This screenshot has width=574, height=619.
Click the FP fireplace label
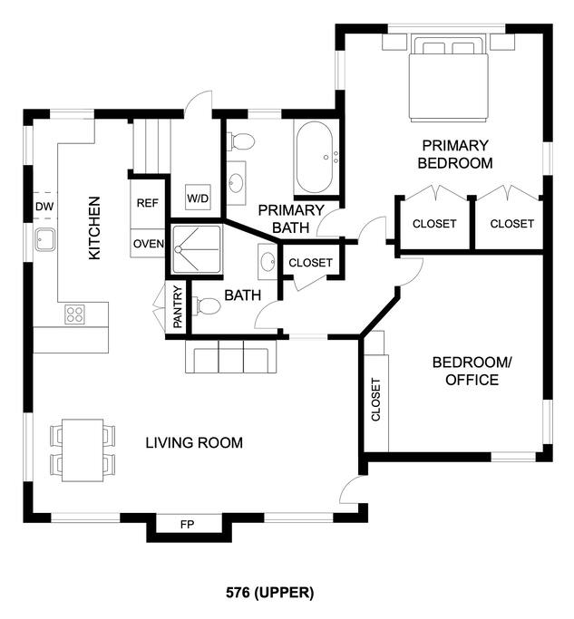pos(187,525)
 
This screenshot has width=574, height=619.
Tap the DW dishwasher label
pos(44,207)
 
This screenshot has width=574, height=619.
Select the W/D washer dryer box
pos(198,198)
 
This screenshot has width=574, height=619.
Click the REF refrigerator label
pos(147,203)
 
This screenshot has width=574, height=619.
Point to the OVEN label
pos(148,244)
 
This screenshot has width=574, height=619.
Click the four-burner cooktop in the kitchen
pos(74,314)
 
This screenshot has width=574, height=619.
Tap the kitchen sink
pos(44,239)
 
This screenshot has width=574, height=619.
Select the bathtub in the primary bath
pos(315,157)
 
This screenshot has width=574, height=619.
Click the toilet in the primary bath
pos(240,141)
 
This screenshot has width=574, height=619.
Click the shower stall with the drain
pos(197,249)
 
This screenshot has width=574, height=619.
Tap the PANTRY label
pos(178,306)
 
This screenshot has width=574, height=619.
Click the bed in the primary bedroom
pos(448,79)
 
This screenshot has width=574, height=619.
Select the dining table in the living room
pos(83,450)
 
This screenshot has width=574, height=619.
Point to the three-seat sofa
pos(231,356)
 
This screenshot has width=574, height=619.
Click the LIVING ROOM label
pos(194,442)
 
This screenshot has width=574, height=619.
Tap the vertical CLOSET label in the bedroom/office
pos(375,400)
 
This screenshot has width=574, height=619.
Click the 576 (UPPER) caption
pos(270,593)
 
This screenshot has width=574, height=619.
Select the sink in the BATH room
pos(268,262)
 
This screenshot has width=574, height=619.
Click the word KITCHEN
pos(94,228)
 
